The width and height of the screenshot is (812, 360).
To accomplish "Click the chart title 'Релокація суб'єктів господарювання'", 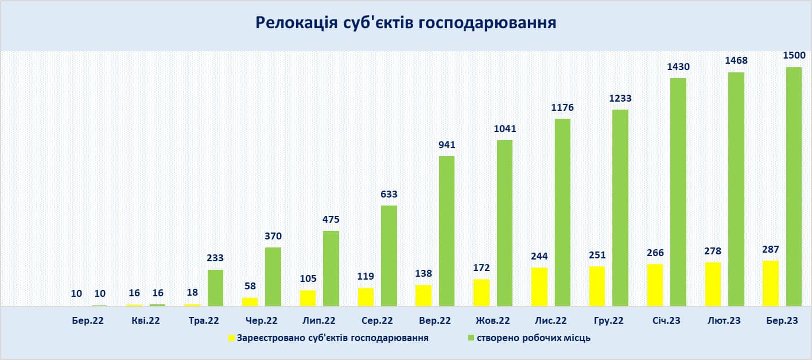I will pos(406,22).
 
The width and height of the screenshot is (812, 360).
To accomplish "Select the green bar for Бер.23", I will pos(794,187).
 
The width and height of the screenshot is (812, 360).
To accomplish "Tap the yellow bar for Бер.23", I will pos(771,283).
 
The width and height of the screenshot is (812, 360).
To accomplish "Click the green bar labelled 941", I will pos(446,231).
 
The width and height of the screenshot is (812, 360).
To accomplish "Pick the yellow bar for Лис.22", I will pos(539,287).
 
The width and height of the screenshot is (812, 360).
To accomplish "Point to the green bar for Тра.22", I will pos(215,288).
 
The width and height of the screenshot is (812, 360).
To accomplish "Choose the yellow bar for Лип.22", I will pos(308,298).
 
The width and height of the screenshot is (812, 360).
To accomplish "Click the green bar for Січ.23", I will pos(678,192).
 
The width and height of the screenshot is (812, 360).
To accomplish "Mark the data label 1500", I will pos(794,56).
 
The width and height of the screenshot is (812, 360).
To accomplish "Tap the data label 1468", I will pos(736,61).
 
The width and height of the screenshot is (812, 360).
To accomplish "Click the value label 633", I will pos(388,194).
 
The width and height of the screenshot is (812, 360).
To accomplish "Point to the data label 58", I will pos(250,285).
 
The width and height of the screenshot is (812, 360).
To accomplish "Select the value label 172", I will pos(481,267).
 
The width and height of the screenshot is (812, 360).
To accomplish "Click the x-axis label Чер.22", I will pos(261,321).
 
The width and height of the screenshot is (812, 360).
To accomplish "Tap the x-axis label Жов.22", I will pos(492,321).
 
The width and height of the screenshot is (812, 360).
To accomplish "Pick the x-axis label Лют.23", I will pos(724,321).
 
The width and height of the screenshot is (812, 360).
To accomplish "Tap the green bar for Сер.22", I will pos(388,256).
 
